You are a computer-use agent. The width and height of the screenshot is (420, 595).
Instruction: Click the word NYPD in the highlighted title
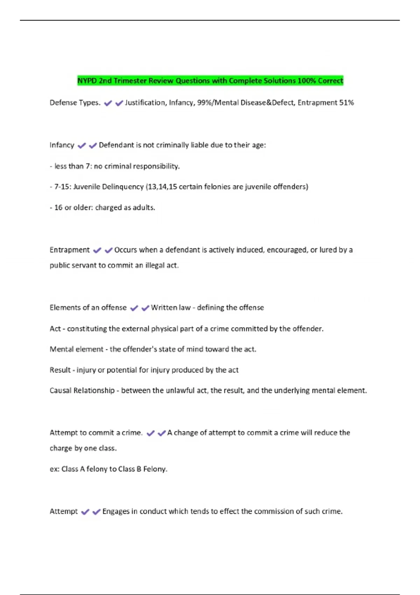point(87,81)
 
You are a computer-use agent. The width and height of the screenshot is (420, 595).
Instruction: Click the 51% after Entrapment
point(346,103)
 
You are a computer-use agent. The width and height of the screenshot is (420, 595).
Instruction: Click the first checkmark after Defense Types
point(108,103)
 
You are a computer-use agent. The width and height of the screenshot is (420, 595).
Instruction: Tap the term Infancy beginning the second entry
point(62,145)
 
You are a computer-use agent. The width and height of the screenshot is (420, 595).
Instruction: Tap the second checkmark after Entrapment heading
point(108,250)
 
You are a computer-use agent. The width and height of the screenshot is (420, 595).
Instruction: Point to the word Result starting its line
point(60,370)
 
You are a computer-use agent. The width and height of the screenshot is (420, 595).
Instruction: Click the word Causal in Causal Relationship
point(60,391)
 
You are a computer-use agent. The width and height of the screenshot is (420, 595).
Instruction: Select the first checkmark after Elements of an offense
point(134,308)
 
